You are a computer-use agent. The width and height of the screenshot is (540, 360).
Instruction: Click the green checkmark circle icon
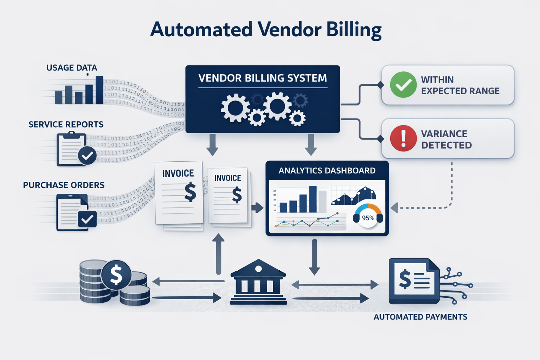click(x=403, y=85)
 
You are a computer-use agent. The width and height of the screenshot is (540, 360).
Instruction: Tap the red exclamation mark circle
click(x=403, y=139)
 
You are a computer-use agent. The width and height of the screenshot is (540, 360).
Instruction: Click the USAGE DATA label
click(x=71, y=67)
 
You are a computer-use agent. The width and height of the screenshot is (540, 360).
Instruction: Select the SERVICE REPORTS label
click(x=66, y=124)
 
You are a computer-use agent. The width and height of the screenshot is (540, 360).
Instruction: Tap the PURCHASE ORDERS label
click(x=64, y=185)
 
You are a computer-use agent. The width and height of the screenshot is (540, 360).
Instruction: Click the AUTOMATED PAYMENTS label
click(x=420, y=317)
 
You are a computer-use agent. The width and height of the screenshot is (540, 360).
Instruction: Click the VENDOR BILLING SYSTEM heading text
click(x=262, y=78)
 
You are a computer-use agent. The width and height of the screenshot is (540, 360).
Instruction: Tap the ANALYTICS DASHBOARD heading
click(x=327, y=171)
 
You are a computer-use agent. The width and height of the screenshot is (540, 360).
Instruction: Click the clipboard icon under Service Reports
click(x=72, y=149)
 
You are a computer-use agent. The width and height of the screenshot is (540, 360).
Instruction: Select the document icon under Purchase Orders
click(x=72, y=212)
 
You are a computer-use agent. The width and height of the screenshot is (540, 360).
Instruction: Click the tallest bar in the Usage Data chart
click(x=99, y=90)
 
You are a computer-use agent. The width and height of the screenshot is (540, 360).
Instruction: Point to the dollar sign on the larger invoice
click(x=190, y=192)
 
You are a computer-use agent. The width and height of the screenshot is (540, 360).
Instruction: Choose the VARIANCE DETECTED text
click(x=446, y=139)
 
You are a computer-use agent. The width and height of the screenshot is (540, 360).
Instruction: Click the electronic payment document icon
click(x=414, y=281)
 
